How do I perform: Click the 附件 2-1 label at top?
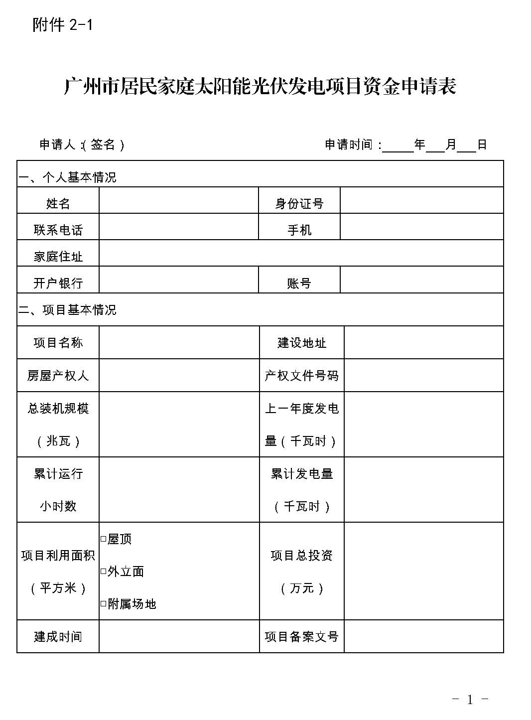(x=63, y=24)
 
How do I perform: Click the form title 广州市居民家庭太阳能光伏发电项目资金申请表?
(x=260, y=87)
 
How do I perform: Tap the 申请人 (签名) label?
(x=82, y=144)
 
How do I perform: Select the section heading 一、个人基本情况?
(x=67, y=177)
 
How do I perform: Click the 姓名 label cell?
(x=58, y=203)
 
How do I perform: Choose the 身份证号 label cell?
(x=299, y=203)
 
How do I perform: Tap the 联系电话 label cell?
(x=58, y=230)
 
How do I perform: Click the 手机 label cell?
(x=299, y=230)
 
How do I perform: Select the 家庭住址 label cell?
(x=58, y=257)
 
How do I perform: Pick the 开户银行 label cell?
(x=58, y=283)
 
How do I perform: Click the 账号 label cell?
(x=299, y=283)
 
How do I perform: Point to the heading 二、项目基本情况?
(x=67, y=310)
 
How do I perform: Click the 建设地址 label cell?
(x=301, y=343)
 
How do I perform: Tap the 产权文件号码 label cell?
(x=301, y=375)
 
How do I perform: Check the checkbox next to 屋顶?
(x=104, y=539)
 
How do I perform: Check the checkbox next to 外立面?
(x=104, y=572)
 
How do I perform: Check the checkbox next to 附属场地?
(x=104, y=604)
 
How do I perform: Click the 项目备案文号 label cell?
(x=301, y=636)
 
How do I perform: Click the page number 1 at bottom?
(x=470, y=700)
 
